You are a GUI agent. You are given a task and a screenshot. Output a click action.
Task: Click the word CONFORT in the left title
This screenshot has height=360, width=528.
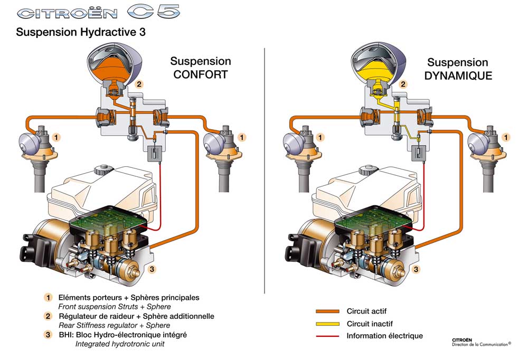point(201,74)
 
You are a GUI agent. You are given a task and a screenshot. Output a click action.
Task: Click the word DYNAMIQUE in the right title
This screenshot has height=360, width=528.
point(458,75)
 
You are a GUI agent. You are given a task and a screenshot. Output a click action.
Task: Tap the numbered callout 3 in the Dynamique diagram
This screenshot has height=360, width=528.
point(416,269)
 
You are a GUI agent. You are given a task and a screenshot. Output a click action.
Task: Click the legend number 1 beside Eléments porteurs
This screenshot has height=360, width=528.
point(48,298)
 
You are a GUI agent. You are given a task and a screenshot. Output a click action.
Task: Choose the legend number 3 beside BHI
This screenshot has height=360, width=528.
point(48,335)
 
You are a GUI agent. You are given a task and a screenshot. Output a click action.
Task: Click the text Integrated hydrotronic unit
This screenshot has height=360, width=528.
point(120,344)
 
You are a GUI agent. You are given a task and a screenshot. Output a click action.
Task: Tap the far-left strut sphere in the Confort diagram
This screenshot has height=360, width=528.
point(31,143)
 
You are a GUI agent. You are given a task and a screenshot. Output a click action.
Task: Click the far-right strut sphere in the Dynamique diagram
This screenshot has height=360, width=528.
point(480,143)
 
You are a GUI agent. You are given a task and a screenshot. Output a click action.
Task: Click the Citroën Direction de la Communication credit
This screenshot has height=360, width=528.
point(480,342)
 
